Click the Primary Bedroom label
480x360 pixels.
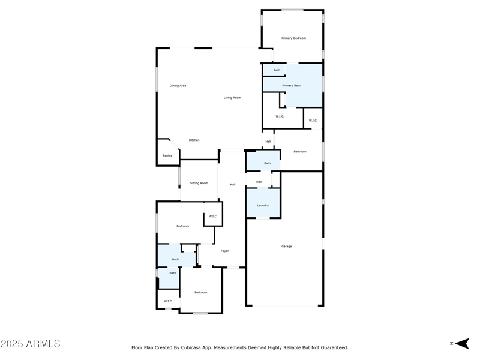pyautogui.click(x=293, y=38)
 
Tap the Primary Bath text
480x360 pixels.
pyautogui.click(x=292, y=86)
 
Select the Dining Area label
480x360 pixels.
pyautogui.click(x=178, y=86)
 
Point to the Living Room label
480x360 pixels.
pyautogui.click(x=232, y=98)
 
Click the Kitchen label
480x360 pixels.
pyautogui.click(x=194, y=140)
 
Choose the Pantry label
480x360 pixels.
pyautogui.click(x=167, y=156)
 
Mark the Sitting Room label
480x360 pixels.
pyautogui.click(x=199, y=183)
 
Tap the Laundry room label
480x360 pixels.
pyautogui.click(x=263, y=206)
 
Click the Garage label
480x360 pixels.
pyautogui.click(x=287, y=247)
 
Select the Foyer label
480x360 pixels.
pyautogui.click(x=224, y=251)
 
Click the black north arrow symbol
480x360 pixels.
pyautogui.click(x=461, y=343)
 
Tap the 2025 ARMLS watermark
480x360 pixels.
pyautogui.click(x=30, y=344)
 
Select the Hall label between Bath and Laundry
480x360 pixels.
pyautogui.click(x=259, y=182)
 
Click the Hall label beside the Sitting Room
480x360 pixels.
pyautogui.click(x=232, y=185)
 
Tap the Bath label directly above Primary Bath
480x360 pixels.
pyautogui.click(x=277, y=70)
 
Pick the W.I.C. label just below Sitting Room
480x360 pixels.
pyautogui.click(x=212, y=217)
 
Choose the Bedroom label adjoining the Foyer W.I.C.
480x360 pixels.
pyautogui.click(x=182, y=226)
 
